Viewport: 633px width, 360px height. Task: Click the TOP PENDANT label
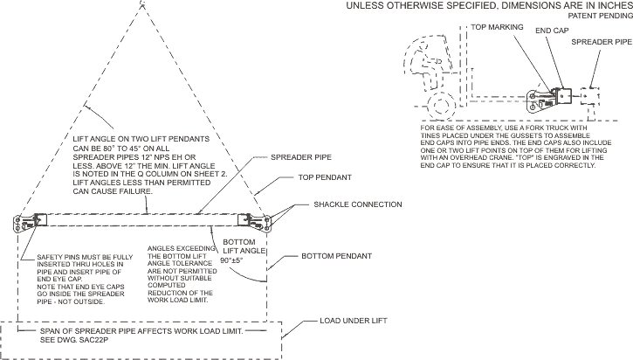(325, 177)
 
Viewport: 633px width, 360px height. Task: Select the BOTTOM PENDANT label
(336, 256)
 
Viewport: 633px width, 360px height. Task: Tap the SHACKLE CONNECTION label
(358, 204)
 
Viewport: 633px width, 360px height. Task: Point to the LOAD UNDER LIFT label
(354, 321)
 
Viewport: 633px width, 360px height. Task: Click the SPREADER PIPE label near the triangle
(300, 157)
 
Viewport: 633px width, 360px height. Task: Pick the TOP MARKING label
(497, 27)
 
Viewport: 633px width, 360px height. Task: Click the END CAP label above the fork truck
(552, 31)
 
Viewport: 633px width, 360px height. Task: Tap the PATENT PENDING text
(601, 16)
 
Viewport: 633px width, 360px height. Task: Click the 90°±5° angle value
(231, 260)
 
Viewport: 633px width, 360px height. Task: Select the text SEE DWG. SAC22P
(74, 340)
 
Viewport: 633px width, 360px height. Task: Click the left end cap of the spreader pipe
(31, 222)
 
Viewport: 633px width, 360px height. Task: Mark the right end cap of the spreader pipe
(254, 222)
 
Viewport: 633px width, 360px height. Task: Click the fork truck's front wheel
(441, 105)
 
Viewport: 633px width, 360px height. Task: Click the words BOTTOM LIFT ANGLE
(244, 246)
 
